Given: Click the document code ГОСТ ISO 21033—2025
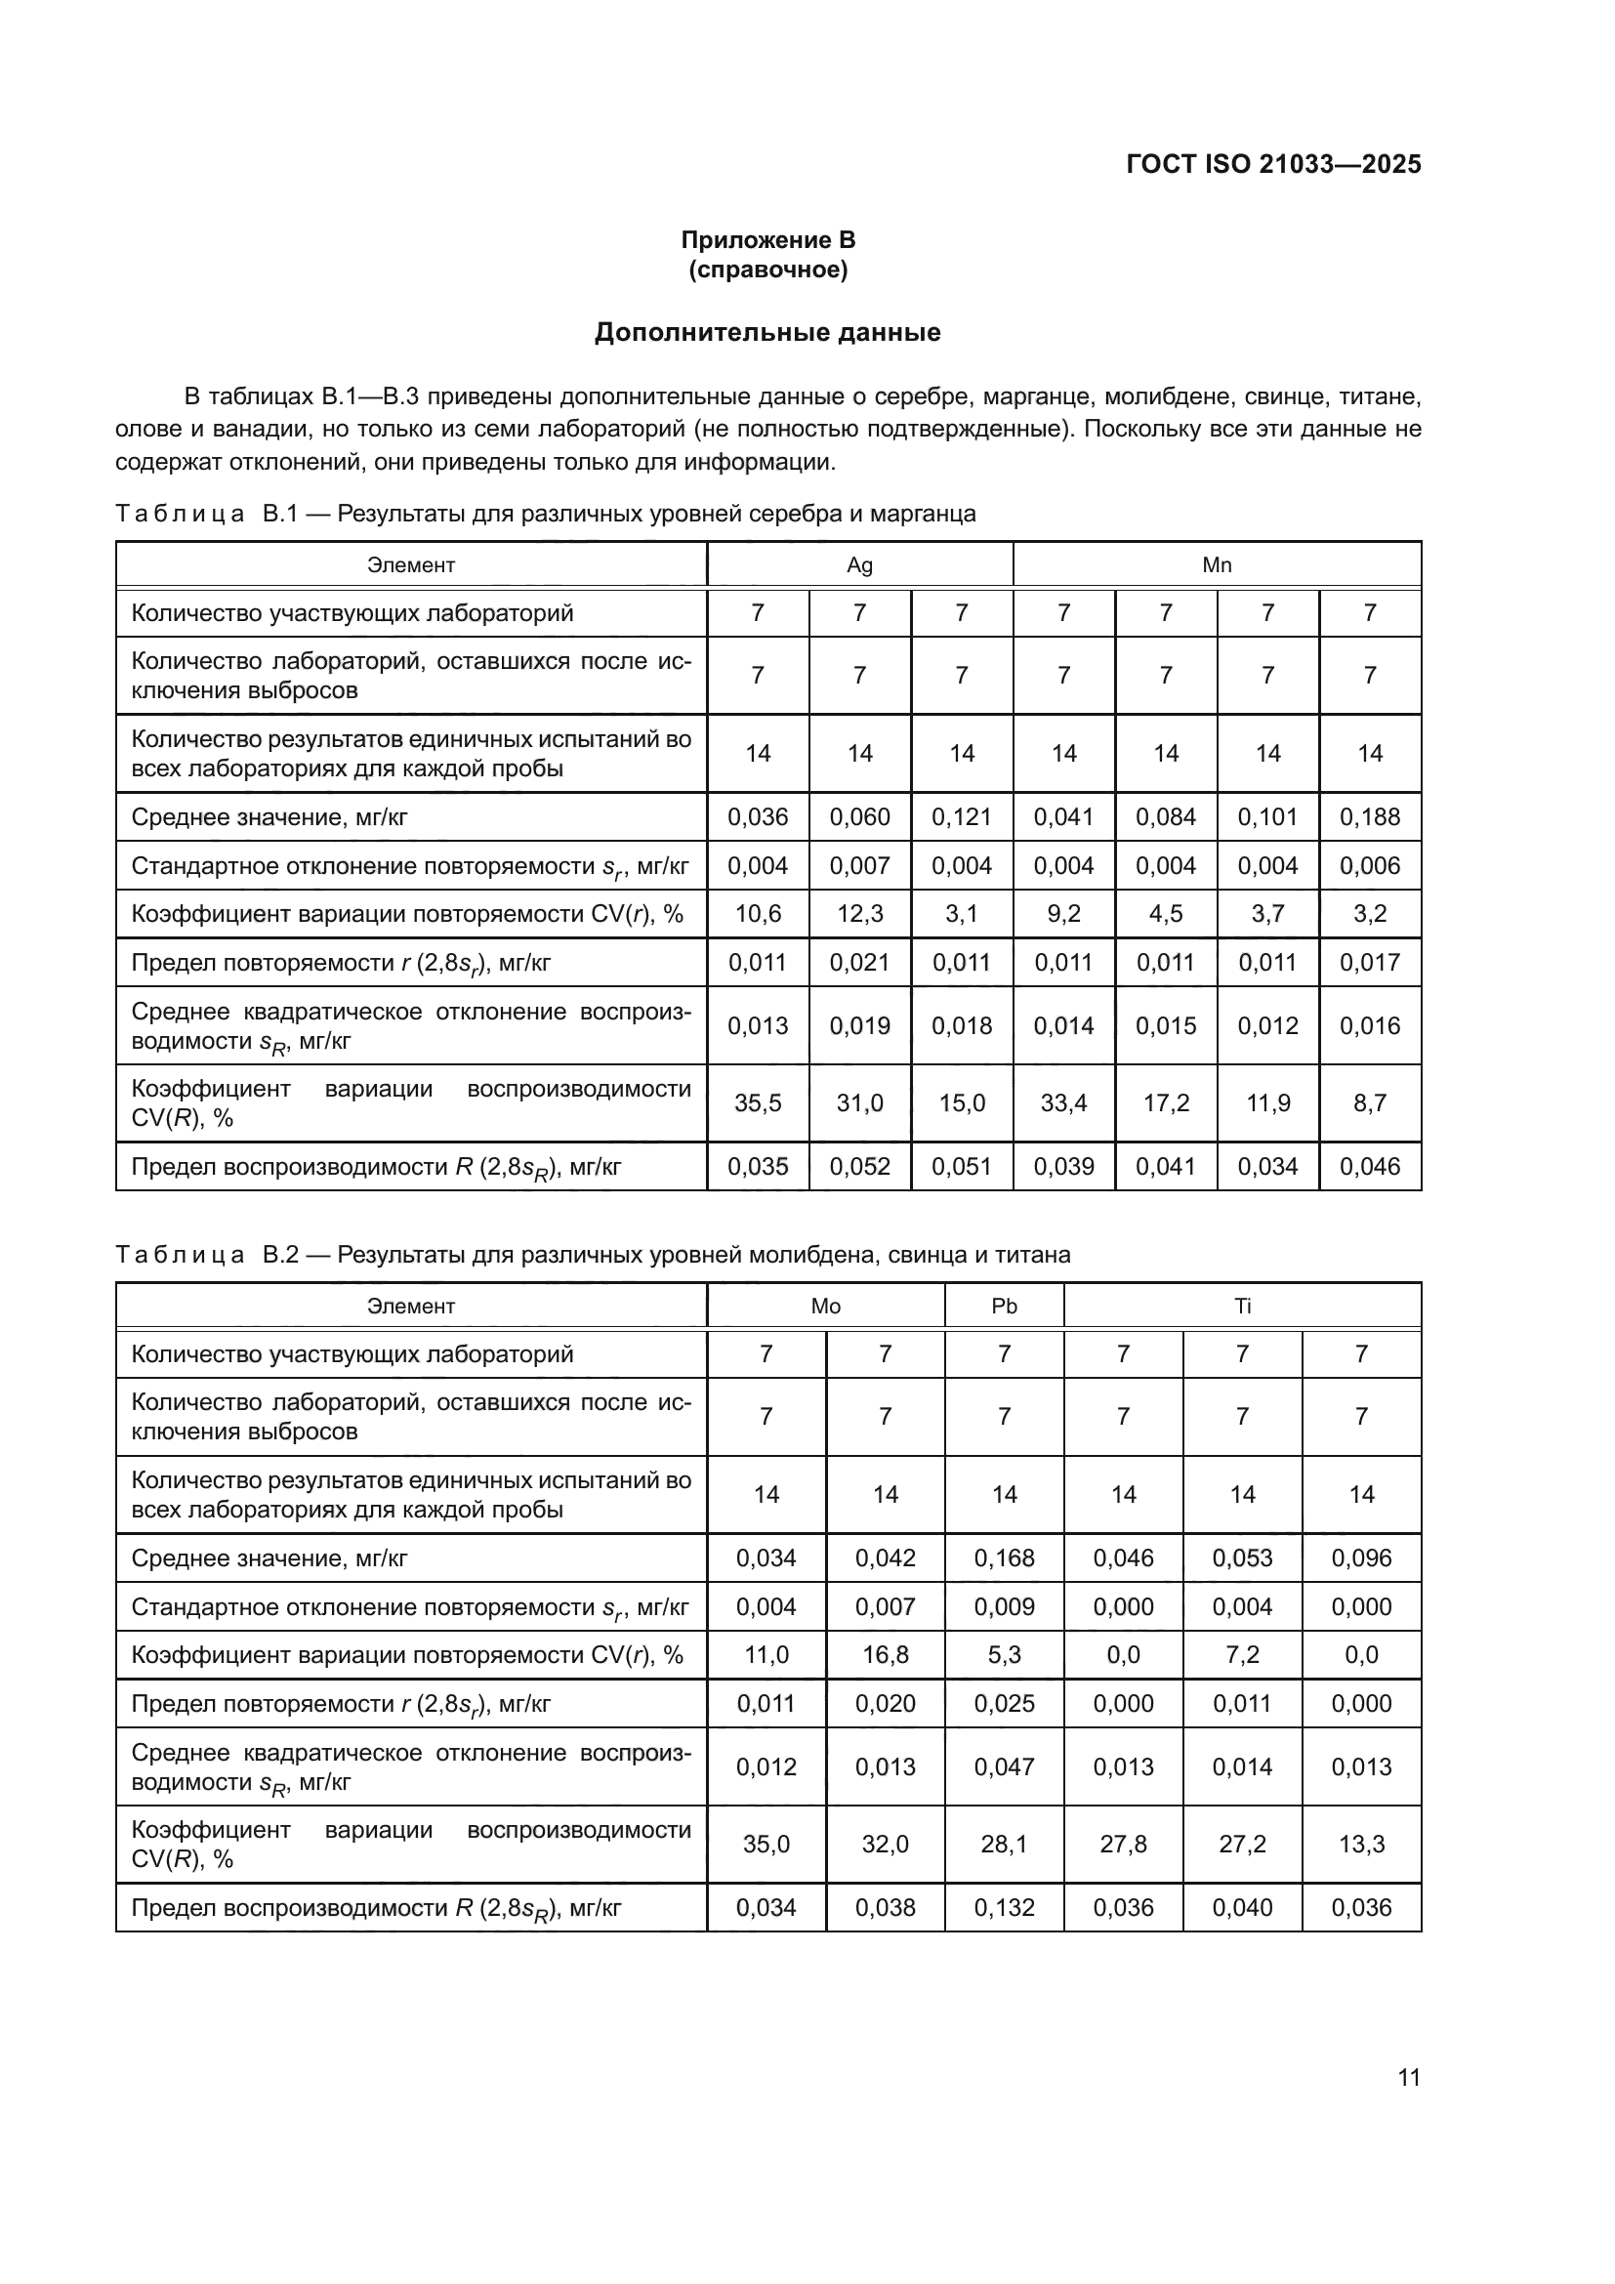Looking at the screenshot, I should pyautogui.click(x=1273, y=164).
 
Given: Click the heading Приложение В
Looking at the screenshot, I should pyautogui.click(x=767, y=240).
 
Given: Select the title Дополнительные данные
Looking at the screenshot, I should pyautogui.click(x=767, y=332).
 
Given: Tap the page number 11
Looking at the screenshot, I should pyautogui.click(x=1408, y=2077).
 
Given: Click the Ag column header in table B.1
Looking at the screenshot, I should pyautogui.click(x=859, y=565).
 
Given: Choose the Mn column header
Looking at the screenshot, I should pyautogui.click(x=1217, y=565).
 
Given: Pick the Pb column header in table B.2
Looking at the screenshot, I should pyautogui.click(x=1005, y=1307).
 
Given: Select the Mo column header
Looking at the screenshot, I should pyautogui.click(x=825, y=1307).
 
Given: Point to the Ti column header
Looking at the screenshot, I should pyautogui.click(x=1242, y=1307).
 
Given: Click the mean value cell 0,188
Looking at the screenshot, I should pyautogui.click(x=1369, y=816).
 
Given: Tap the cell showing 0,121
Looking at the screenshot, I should pyautogui.click(x=962, y=816).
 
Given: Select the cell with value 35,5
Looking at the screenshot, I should pyautogui.click(x=758, y=1102).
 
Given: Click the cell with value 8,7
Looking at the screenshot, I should pyautogui.click(x=1369, y=1102).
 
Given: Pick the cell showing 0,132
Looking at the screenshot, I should pyautogui.click(x=1005, y=1907).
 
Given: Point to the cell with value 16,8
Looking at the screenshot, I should pyautogui.click(x=885, y=1654).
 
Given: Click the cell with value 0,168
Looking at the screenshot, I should pyautogui.click(x=1005, y=1557).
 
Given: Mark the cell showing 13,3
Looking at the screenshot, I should pyautogui.click(x=1361, y=1844).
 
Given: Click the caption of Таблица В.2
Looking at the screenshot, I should pyautogui.click(x=593, y=1255).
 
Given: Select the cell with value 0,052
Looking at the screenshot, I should pyautogui.click(x=859, y=1166).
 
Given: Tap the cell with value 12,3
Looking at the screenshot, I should pyautogui.click(x=859, y=913).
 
